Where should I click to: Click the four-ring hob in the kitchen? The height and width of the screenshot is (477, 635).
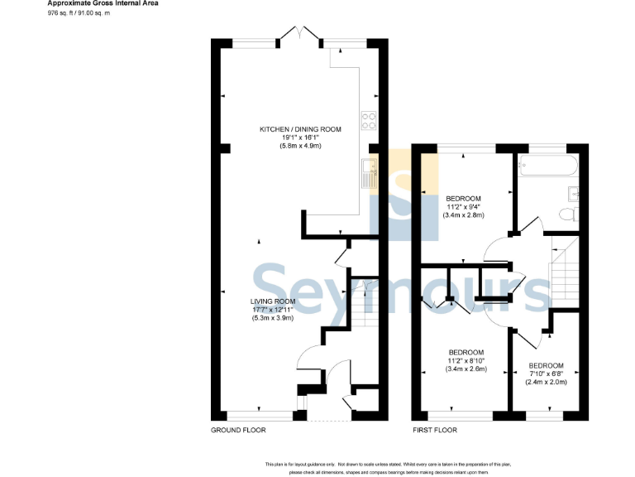[x=369, y=121]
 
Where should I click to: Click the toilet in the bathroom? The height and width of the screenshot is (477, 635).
[x=566, y=214]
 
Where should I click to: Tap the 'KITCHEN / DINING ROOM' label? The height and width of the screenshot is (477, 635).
[x=300, y=129]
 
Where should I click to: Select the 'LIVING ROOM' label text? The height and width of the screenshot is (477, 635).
[x=274, y=301]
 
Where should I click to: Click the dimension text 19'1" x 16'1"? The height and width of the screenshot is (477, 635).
[x=300, y=137]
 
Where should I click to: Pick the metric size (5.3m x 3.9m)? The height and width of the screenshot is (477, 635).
[x=274, y=318]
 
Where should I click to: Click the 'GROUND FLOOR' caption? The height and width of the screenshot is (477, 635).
[x=238, y=431]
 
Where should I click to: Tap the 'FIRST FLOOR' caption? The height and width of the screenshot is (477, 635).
[x=435, y=431]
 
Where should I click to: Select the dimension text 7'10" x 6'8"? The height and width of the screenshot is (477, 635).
[x=547, y=373]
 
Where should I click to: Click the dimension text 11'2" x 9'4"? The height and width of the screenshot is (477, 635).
[x=464, y=207]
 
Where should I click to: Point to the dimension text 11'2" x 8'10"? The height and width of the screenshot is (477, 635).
[x=467, y=360]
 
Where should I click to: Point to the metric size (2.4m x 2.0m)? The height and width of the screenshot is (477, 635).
[x=547, y=382]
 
